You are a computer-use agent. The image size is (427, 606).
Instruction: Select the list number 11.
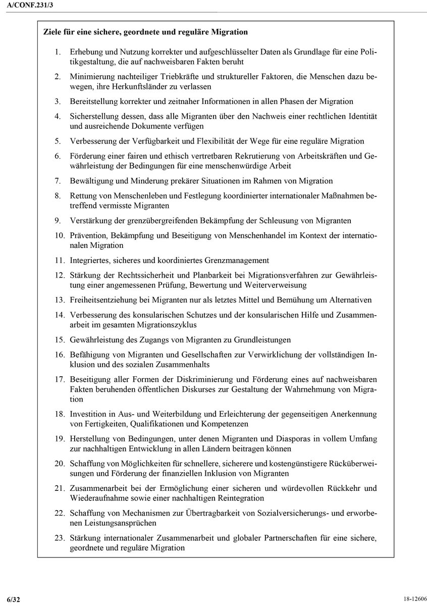[x=60, y=261]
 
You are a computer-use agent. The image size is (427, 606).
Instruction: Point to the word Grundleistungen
[x=261, y=339]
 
